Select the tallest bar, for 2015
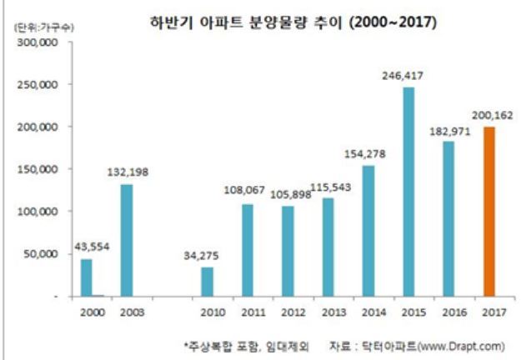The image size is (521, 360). [408, 192]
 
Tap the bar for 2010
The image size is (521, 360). [208, 282]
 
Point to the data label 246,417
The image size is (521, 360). [408, 74]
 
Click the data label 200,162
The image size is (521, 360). [489, 114]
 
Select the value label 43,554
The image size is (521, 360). [87, 246]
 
